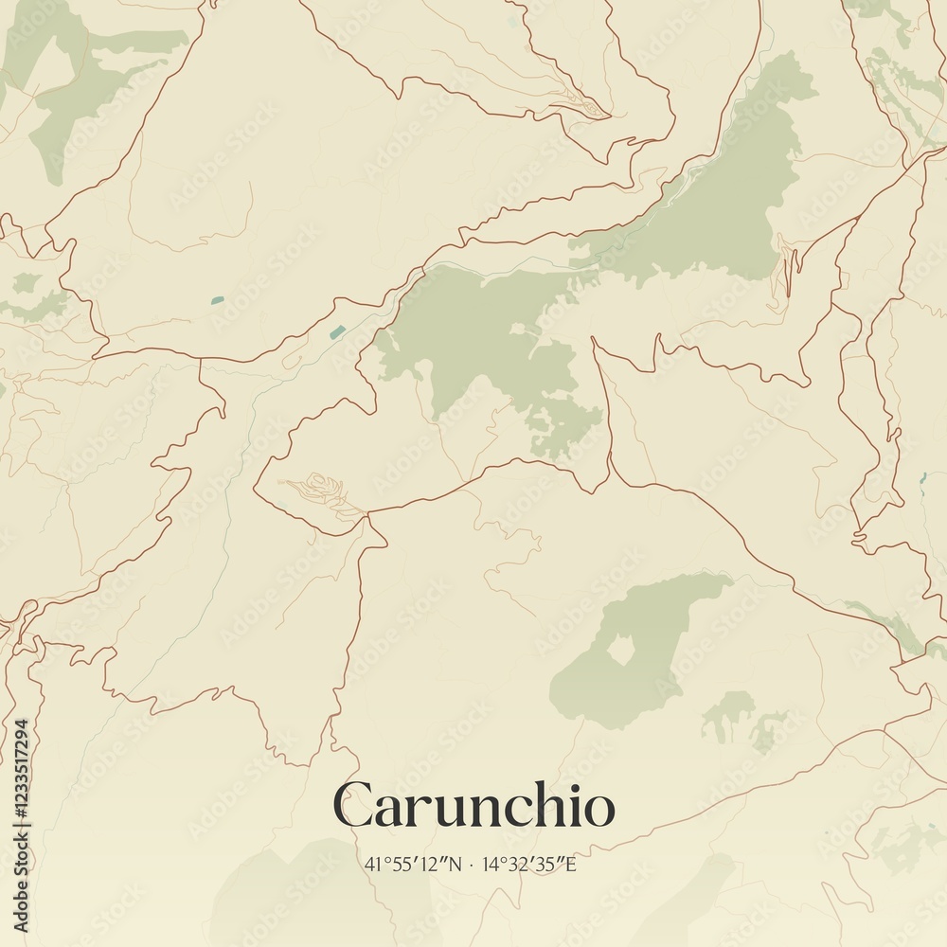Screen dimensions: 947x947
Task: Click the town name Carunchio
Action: [473, 807]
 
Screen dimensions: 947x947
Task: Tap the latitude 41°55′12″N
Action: [414, 864]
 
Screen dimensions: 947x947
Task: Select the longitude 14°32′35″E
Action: [528, 864]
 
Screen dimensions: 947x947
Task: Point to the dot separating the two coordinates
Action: [472, 864]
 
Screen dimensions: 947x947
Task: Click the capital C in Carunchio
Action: [352, 807]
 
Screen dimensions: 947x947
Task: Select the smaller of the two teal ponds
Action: [218, 300]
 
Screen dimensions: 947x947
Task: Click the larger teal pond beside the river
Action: [337, 331]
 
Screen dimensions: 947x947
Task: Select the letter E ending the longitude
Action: [570, 864]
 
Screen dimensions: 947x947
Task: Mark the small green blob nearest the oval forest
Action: [727, 712]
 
